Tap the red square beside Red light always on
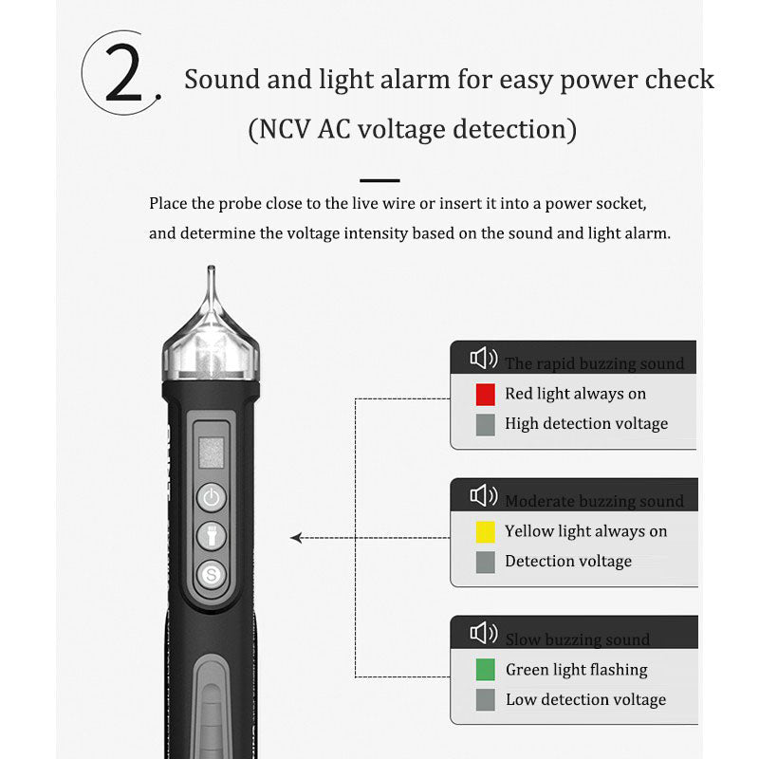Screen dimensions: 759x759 click(486, 394)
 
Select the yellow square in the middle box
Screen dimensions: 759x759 click(486, 531)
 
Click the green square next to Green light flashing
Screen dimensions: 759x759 click(486, 670)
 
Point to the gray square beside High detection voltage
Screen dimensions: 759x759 click(486, 424)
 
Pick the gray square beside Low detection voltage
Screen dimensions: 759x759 click(486, 700)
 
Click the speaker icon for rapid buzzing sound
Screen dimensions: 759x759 click(483, 359)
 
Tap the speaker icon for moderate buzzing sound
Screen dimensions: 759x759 click(483, 496)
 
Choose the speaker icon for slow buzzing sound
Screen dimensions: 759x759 click(483, 634)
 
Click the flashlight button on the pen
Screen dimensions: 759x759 click(211, 536)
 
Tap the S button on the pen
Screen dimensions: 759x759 click(211, 574)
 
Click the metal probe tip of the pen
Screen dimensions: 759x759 click(210, 280)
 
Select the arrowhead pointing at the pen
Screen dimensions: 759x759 click(296, 538)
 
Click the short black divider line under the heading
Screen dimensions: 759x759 click(379, 179)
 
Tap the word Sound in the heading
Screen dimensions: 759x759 click(221, 79)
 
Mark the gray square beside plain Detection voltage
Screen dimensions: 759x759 click(486, 562)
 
